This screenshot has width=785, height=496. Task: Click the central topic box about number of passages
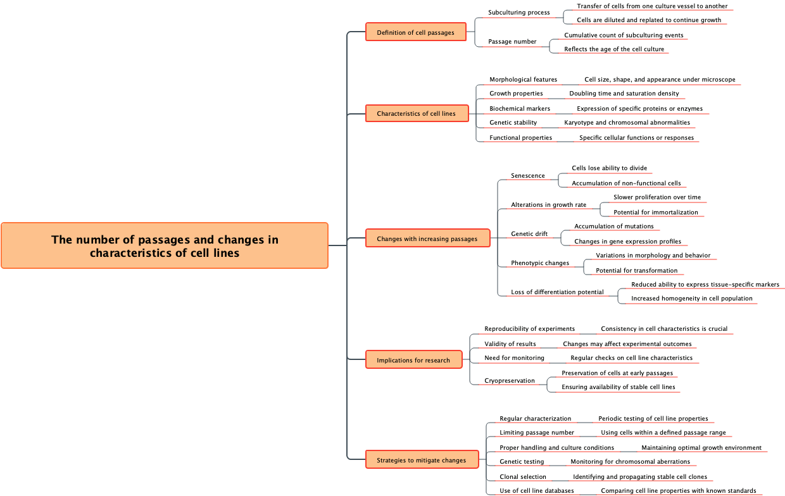(165, 245)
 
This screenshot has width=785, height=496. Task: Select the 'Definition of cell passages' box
(415, 32)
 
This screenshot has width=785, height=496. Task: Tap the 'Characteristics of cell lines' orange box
(416, 113)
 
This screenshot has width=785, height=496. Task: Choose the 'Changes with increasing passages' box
(427, 239)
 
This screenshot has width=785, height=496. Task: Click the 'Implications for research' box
(413, 360)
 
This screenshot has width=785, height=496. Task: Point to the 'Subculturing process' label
(519, 13)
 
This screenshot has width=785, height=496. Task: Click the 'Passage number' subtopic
(512, 42)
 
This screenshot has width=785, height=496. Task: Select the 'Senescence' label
(528, 175)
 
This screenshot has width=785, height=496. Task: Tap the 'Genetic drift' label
(529, 234)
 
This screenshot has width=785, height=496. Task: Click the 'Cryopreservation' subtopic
(510, 381)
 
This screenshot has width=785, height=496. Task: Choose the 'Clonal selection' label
(523, 477)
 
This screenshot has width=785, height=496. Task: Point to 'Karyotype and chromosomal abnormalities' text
(627, 123)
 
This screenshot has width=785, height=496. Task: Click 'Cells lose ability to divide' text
(609, 168)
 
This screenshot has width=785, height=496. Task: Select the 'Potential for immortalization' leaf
(655, 213)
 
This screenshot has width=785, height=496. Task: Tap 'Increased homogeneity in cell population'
(691, 299)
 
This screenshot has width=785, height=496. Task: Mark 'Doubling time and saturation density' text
(624, 94)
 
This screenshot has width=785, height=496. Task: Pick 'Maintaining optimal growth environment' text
(701, 448)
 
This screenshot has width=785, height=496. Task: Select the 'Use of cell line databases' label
(537, 491)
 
